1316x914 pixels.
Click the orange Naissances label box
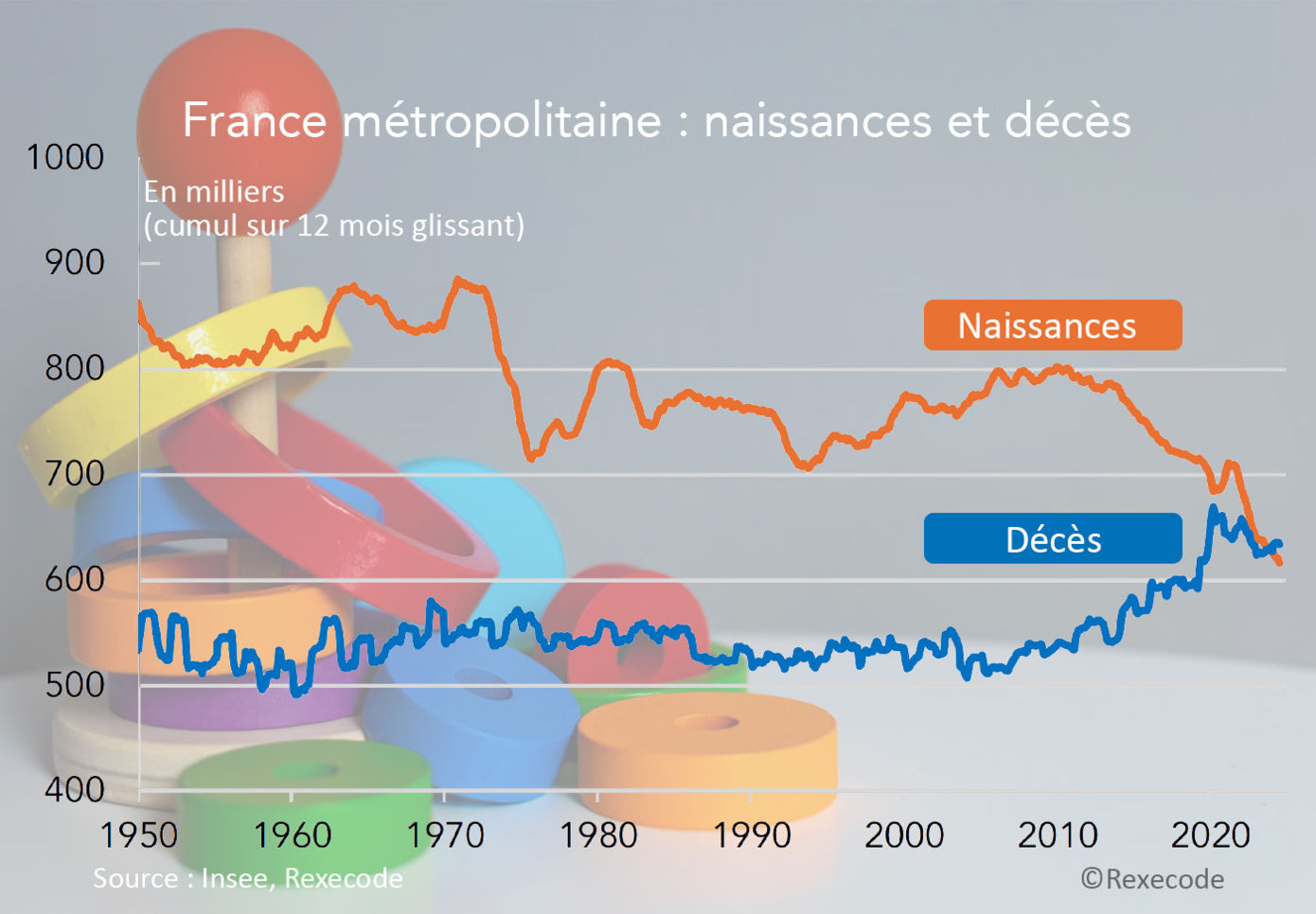coord(1052,325)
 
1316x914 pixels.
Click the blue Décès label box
coord(1052,539)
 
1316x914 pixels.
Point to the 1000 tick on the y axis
coord(65,157)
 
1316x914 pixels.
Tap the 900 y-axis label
coord(75,262)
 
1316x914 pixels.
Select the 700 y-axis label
coord(75,473)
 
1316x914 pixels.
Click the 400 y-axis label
coord(75,789)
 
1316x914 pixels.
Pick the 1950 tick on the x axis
coord(139,835)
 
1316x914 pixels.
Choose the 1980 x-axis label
coord(597,835)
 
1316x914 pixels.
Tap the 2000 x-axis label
coord(904,835)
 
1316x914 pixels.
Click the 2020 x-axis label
coord(1210,835)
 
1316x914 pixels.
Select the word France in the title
coord(254,121)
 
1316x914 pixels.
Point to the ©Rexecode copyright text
coord(1152,879)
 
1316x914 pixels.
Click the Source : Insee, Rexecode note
coord(247,878)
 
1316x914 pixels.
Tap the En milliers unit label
coord(214,192)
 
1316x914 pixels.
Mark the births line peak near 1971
coord(458,280)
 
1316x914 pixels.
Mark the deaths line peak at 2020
coord(1213,509)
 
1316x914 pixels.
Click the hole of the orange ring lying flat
coord(706,723)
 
